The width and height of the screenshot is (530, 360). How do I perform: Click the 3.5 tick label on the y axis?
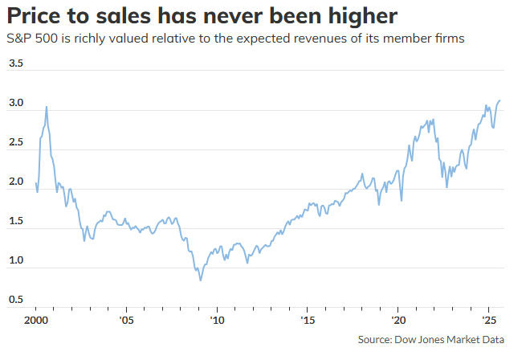[x=16, y=63]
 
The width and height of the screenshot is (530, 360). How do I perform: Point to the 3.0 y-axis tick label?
[x=16, y=104]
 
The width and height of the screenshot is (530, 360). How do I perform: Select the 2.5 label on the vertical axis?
[x=16, y=143]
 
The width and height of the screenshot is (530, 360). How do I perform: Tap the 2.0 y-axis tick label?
[x=16, y=182]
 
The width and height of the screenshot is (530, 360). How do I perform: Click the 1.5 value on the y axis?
[x=16, y=222]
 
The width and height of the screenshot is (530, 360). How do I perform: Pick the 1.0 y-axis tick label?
[x=16, y=261]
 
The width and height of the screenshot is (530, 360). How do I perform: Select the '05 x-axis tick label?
[x=127, y=320]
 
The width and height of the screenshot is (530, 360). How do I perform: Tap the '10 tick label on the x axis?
[x=217, y=320]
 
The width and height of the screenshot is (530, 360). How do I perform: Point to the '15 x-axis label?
[x=308, y=320]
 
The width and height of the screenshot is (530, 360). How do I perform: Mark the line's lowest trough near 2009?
[x=200, y=280]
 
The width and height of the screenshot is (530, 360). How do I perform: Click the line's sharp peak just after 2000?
[x=46, y=107]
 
